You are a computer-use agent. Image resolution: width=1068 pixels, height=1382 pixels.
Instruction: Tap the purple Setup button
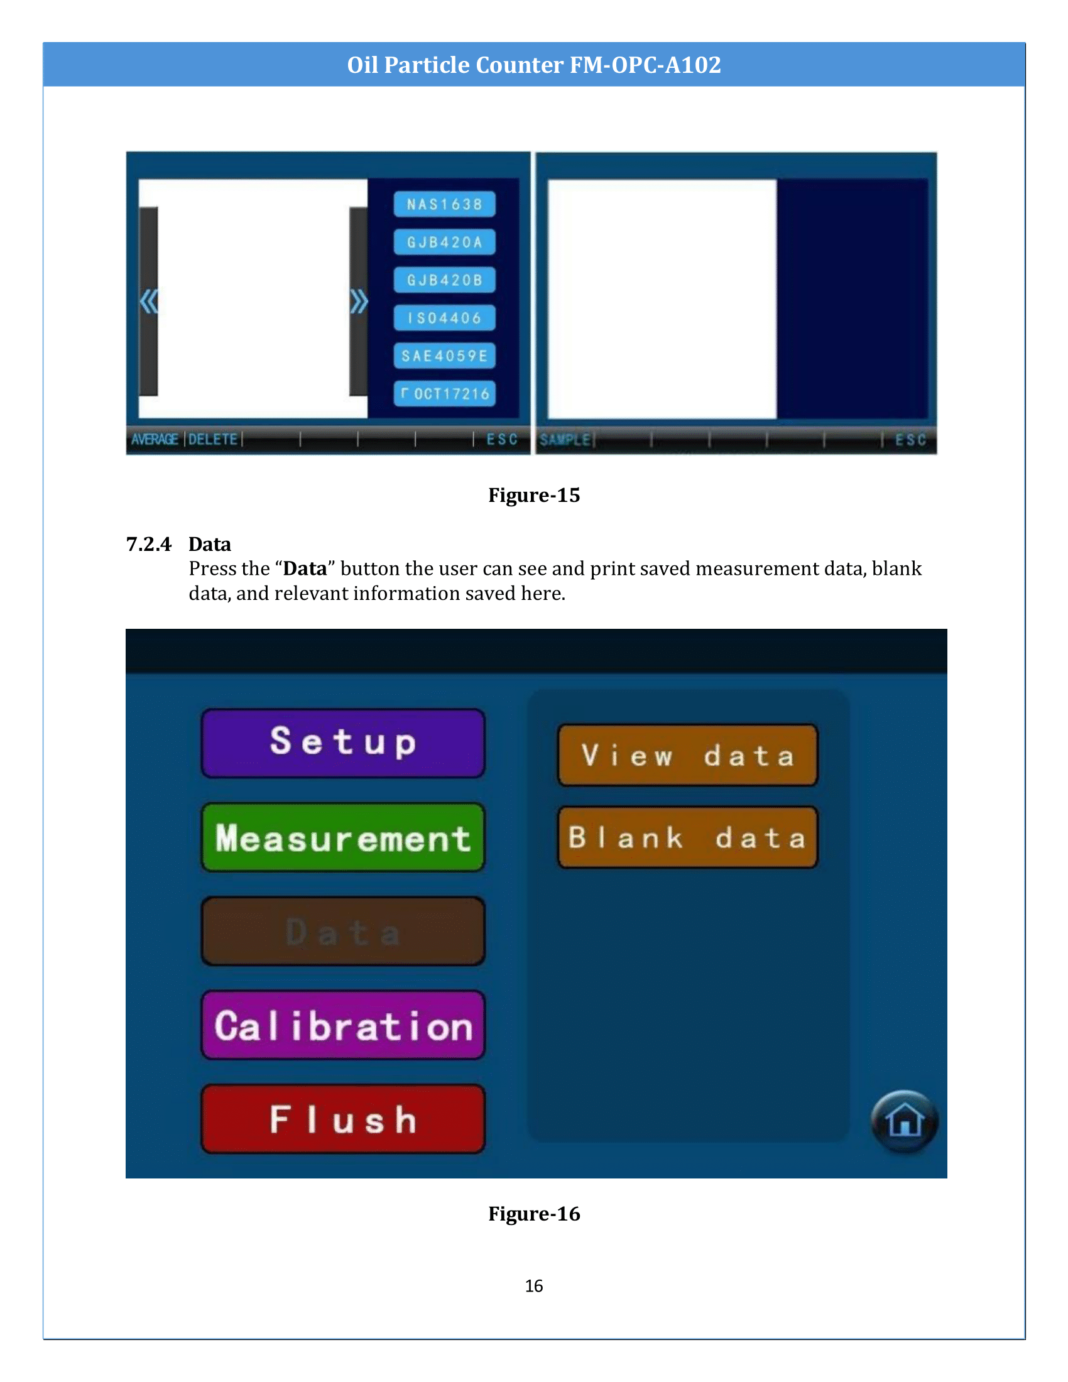[x=343, y=743]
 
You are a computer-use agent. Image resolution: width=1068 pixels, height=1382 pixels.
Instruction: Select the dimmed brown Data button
[x=343, y=931]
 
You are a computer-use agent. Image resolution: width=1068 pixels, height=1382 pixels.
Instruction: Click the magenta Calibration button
[x=343, y=1025]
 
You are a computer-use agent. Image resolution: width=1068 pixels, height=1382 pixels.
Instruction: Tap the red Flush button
[x=343, y=1118]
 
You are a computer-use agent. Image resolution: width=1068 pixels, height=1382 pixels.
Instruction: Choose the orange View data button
[x=687, y=755]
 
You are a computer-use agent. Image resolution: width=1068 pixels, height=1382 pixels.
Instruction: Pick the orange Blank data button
[x=687, y=837]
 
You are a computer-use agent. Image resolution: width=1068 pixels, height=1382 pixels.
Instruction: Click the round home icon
[x=904, y=1121]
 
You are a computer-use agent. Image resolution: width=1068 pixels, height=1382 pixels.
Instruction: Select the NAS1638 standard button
[x=444, y=204]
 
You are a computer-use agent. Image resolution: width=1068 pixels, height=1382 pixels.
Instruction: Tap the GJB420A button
[x=444, y=242]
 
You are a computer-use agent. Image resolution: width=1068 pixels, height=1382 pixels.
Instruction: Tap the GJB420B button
[x=444, y=280]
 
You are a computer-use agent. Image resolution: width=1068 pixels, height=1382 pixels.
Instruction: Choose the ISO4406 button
[x=444, y=318]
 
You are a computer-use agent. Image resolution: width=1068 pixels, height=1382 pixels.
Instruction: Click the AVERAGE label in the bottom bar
[x=155, y=439]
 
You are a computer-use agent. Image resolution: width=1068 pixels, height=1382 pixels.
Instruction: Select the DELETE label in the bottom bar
[x=213, y=439]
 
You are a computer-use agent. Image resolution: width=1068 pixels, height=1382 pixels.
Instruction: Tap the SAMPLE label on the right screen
[x=564, y=439]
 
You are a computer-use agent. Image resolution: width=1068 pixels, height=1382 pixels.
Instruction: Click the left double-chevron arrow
[x=149, y=302]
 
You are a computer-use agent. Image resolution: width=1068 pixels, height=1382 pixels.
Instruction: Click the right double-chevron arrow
[x=359, y=302]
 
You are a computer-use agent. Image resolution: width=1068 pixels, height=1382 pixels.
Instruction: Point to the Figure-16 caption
[x=533, y=1214]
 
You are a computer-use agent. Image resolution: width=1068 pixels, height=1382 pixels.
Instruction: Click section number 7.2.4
[x=149, y=544]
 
